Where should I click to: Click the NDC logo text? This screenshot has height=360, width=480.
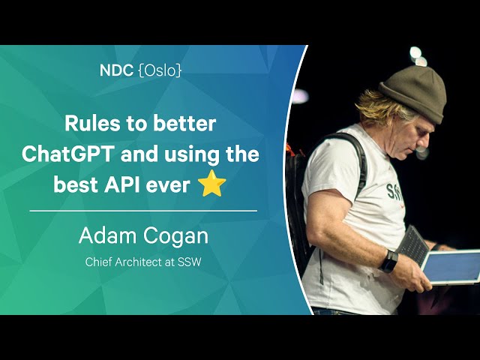coord(116,70)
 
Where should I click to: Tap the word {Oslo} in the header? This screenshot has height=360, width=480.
coord(160,70)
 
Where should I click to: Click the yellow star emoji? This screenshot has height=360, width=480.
coord(211,183)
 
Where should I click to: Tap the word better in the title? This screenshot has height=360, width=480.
coord(184,123)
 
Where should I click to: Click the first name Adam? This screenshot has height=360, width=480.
coord(107,236)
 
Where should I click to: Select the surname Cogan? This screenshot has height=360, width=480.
coord(175,237)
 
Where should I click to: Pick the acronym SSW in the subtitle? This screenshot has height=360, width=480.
coord(189,262)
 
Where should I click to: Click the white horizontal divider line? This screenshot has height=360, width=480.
coord(143,211)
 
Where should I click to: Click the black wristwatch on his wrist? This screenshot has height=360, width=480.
coord(388,261)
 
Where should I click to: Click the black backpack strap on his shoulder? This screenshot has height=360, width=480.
coord(357,159)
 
